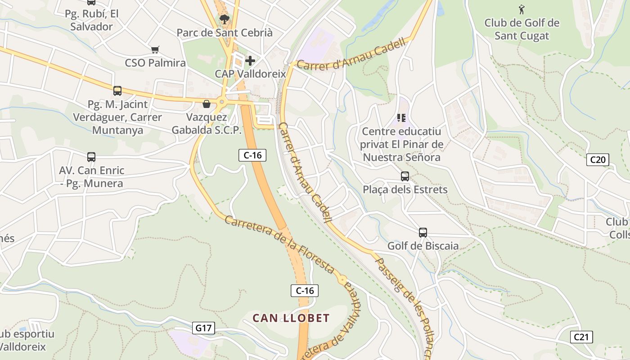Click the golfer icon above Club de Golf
point(522,9)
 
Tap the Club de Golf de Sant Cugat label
point(522,29)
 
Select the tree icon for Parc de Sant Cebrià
point(224,19)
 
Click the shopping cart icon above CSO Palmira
point(155,49)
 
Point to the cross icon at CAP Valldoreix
point(250,60)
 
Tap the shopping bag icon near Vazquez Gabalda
point(207,104)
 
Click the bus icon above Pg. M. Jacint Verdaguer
point(117,91)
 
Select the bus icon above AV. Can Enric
point(91,157)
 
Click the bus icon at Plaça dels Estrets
point(405,176)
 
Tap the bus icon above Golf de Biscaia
point(423,233)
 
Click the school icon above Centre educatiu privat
point(401,118)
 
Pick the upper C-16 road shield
point(252,155)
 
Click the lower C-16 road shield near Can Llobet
point(305,291)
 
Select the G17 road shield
point(203,328)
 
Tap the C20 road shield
point(598,159)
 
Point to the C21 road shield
point(581,337)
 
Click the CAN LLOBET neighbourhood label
point(291,318)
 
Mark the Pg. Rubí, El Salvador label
point(92,20)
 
